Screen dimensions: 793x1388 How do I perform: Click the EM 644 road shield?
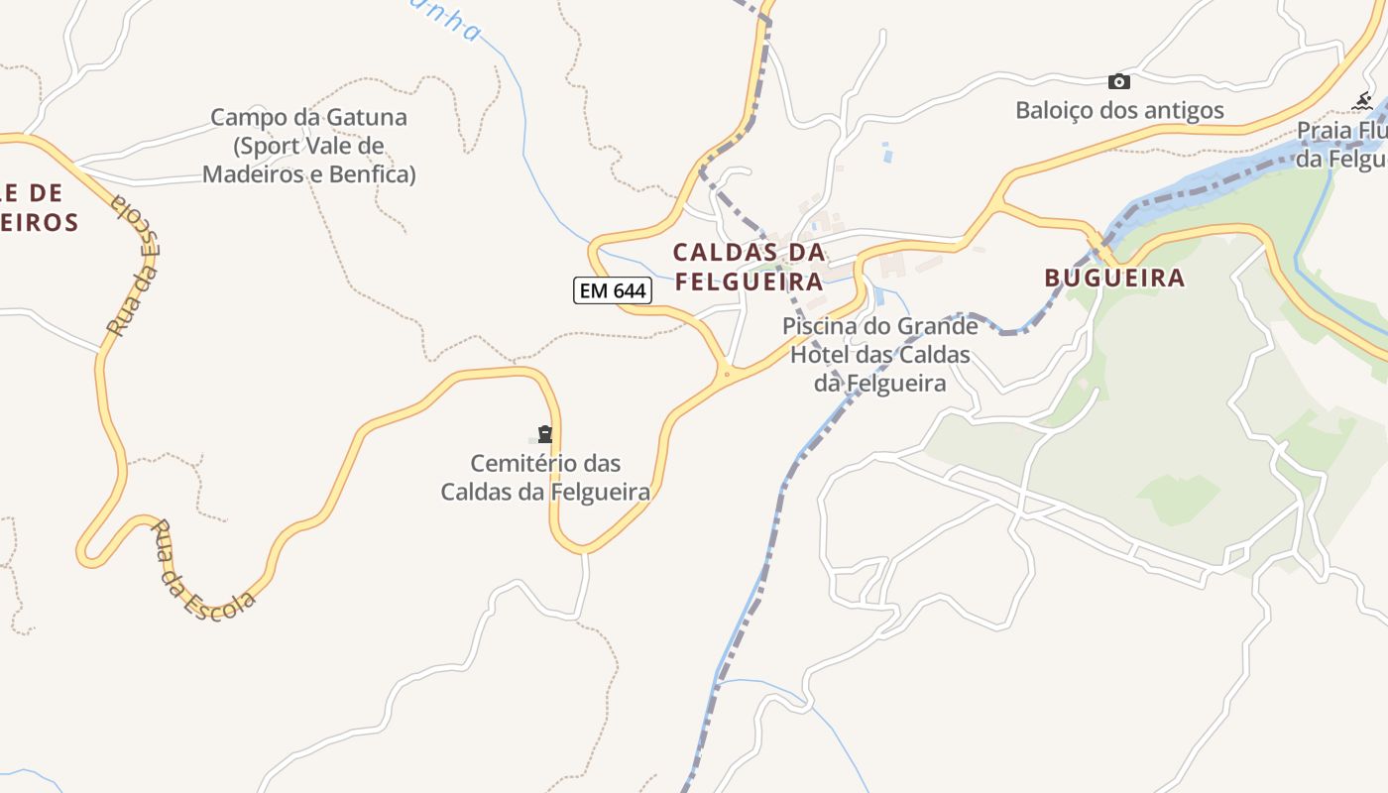point(613,290)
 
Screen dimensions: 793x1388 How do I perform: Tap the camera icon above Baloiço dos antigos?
point(1118,81)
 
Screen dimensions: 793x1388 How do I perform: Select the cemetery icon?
point(544,433)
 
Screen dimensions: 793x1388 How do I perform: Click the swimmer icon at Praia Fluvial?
point(1363,101)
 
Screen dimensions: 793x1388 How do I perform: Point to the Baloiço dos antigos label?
point(1119,110)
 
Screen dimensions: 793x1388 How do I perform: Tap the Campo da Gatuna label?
point(308,146)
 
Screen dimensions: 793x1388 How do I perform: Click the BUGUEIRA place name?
point(1114,278)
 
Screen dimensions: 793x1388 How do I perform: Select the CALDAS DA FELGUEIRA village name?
point(749,267)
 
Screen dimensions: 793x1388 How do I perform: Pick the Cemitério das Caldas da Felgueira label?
point(545,477)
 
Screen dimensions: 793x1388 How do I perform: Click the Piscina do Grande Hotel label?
point(880,354)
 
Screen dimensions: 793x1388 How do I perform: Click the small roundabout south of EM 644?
point(727,374)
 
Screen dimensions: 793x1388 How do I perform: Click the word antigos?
point(1184,110)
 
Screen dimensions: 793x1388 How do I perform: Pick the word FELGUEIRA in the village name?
point(750,282)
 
